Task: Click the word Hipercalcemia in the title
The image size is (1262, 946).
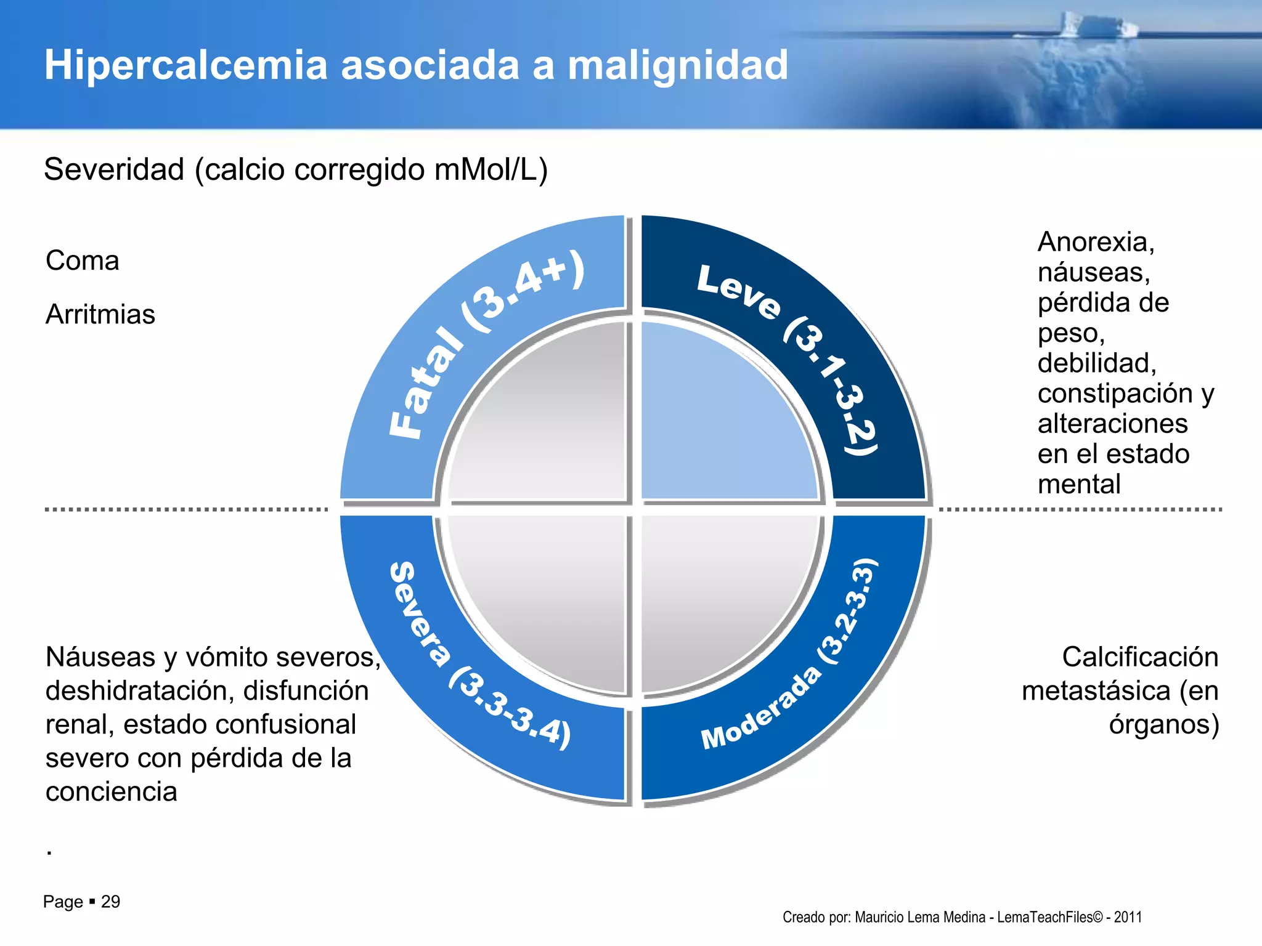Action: [185, 65]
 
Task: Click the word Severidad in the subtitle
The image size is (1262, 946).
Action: [114, 169]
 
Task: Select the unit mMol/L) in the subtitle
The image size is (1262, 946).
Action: [491, 169]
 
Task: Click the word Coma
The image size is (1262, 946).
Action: [82, 261]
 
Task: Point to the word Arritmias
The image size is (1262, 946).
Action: [100, 314]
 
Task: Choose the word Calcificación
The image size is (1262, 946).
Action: [1139, 657]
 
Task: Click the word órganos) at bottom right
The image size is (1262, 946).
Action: [1163, 724]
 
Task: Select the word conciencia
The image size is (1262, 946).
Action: [111, 792]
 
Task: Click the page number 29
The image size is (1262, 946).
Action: [110, 902]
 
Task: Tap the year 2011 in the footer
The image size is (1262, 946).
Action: [1128, 917]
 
